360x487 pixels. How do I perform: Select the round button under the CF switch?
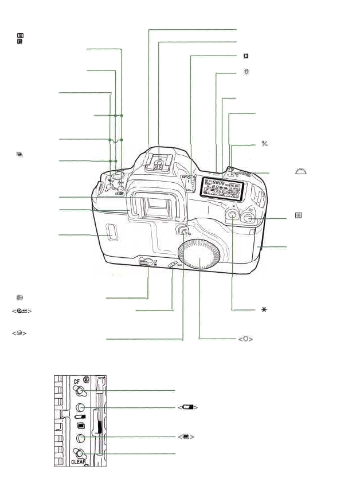(x=81, y=408)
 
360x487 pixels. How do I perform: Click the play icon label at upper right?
(x=245, y=56)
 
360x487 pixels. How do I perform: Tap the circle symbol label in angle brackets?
(x=246, y=339)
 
